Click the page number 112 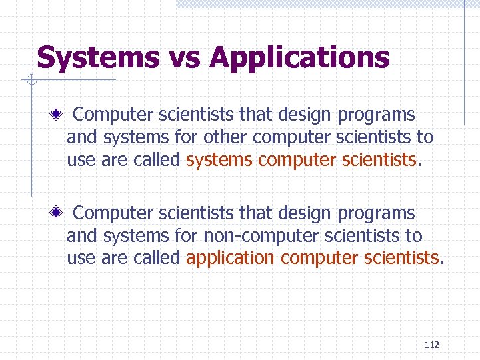click(x=431, y=345)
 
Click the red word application click(x=231, y=258)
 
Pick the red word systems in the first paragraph click(x=219, y=159)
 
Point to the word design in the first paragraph click(x=305, y=115)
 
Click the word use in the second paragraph click(x=81, y=258)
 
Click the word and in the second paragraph click(x=81, y=236)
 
